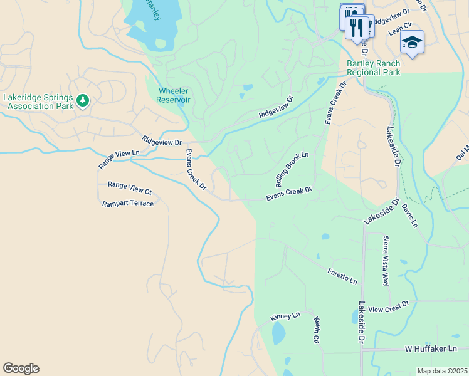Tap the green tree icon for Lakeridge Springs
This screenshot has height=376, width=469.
tap(83, 100)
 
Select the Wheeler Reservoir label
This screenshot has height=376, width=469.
tap(172, 95)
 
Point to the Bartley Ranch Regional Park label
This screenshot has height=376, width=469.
tap(373, 68)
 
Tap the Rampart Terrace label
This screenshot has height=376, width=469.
tap(128, 204)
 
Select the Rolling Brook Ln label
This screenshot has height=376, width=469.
tap(292, 169)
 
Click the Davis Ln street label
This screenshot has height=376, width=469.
tap(410, 215)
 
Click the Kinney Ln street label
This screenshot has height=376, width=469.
tap(285, 316)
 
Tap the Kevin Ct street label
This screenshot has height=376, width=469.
tap(317, 330)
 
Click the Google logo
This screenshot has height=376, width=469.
tap(21, 368)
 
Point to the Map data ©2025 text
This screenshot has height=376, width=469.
tap(442, 371)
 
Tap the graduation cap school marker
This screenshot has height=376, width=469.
tap(412, 42)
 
